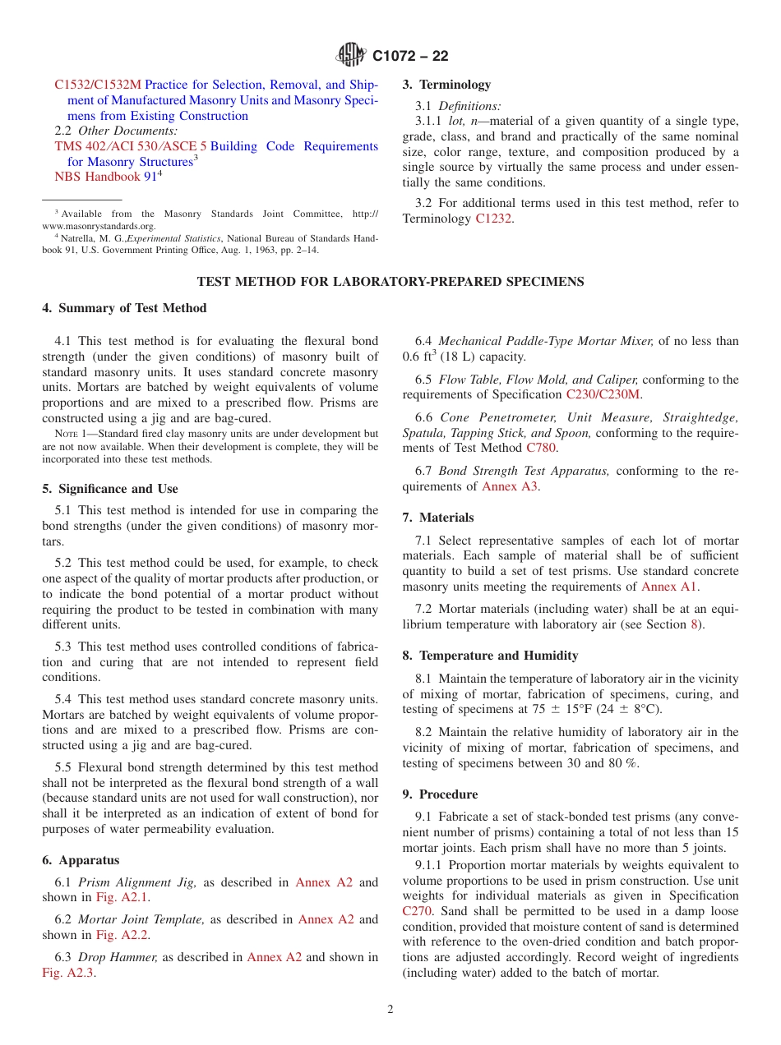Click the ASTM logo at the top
[351, 55]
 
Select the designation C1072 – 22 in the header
[410, 56]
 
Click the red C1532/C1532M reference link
[98, 85]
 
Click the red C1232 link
[494, 219]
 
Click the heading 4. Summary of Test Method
[124, 308]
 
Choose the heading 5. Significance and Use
[110, 489]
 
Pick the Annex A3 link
[510, 486]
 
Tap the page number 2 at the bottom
[390, 1010]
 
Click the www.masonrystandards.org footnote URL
[99, 226]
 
